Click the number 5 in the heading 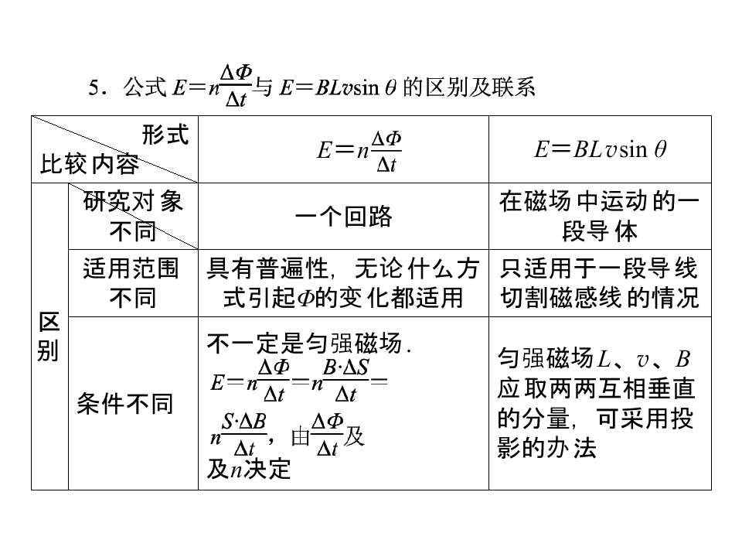[94, 88]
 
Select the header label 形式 [165, 135]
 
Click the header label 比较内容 [89, 164]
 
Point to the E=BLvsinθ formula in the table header [600, 149]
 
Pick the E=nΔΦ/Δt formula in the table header [359, 151]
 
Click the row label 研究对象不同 [133, 217]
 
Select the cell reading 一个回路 [343, 217]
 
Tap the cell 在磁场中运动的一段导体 [599, 217]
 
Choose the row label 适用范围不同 [131, 283]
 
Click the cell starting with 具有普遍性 [343, 283]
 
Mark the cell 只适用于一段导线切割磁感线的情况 [599, 283]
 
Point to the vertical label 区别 [49, 337]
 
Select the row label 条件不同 [125, 404]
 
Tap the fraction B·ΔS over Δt [346, 381]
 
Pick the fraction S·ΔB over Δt [244, 435]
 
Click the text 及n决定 [248, 470]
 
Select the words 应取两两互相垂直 [596, 388]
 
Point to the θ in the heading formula [390, 88]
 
